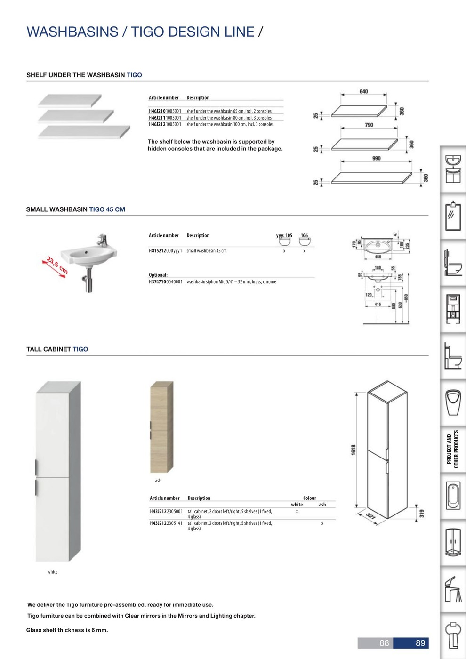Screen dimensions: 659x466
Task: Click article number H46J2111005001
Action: pyautogui.click(x=165, y=118)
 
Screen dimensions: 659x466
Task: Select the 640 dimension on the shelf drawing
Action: pyautogui.click(x=363, y=91)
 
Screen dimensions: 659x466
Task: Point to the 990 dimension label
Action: pyautogui.click(x=376, y=158)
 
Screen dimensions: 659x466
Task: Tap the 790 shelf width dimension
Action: pyautogui.click(x=369, y=125)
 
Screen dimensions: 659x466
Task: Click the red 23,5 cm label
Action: pyautogui.click(x=57, y=265)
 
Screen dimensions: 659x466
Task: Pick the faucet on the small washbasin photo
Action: pyautogui.click(x=102, y=241)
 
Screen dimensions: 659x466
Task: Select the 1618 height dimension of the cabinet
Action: pyautogui.click(x=354, y=450)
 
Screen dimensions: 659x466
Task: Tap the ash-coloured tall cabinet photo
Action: pyautogui.click(x=161, y=426)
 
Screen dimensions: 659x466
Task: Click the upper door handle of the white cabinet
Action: pyautogui.click(x=36, y=467)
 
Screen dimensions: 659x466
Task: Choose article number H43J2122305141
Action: pyautogui.click(x=166, y=523)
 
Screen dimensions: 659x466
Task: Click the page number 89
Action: pyautogui.click(x=420, y=643)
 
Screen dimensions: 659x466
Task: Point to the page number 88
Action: pyautogui.click(x=384, y=643)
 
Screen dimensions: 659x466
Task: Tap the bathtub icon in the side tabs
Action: pyautogui.click(x=453, y=496)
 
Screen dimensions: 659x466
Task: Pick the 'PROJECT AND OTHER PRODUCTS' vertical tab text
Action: pyautogui.click(x=452, y=449)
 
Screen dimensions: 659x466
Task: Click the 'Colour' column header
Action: pyautogui.click(x=309, y=498)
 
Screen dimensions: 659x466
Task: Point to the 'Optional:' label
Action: pyautogui.click(x=158, y=275)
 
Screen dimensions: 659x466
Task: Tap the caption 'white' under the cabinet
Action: pyautogui.click(x=52, y=572)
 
